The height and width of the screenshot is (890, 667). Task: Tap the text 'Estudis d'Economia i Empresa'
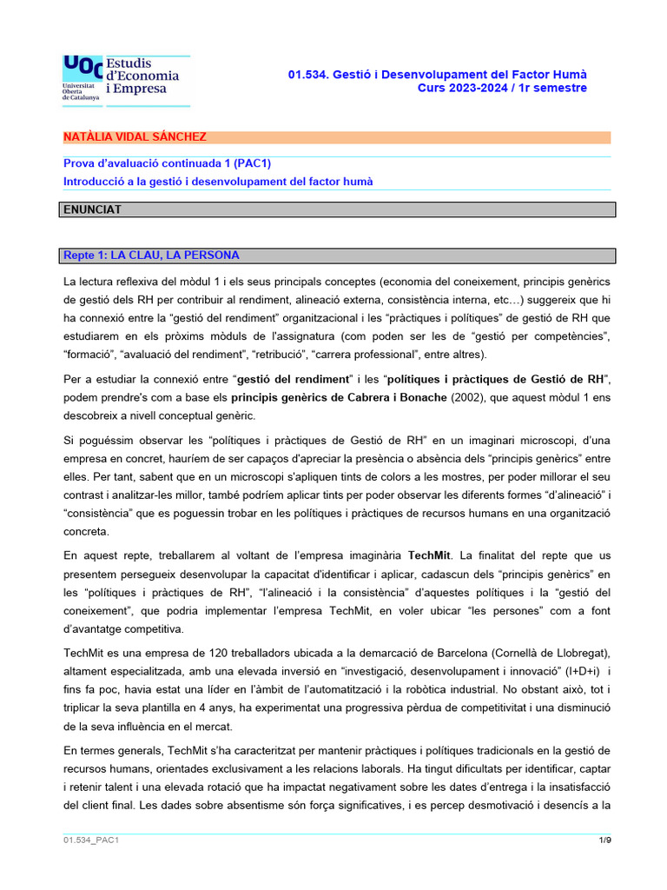click(142, 76)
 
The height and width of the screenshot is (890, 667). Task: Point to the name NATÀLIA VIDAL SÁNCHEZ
click(135, 137)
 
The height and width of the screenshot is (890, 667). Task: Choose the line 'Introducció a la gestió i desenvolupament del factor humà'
click(218, 181)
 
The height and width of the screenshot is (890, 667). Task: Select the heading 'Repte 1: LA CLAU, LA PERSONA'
click(151, 256)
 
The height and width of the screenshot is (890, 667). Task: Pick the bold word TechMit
click(430, 555)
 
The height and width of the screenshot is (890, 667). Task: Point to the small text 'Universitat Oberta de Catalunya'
click(80, 92)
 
